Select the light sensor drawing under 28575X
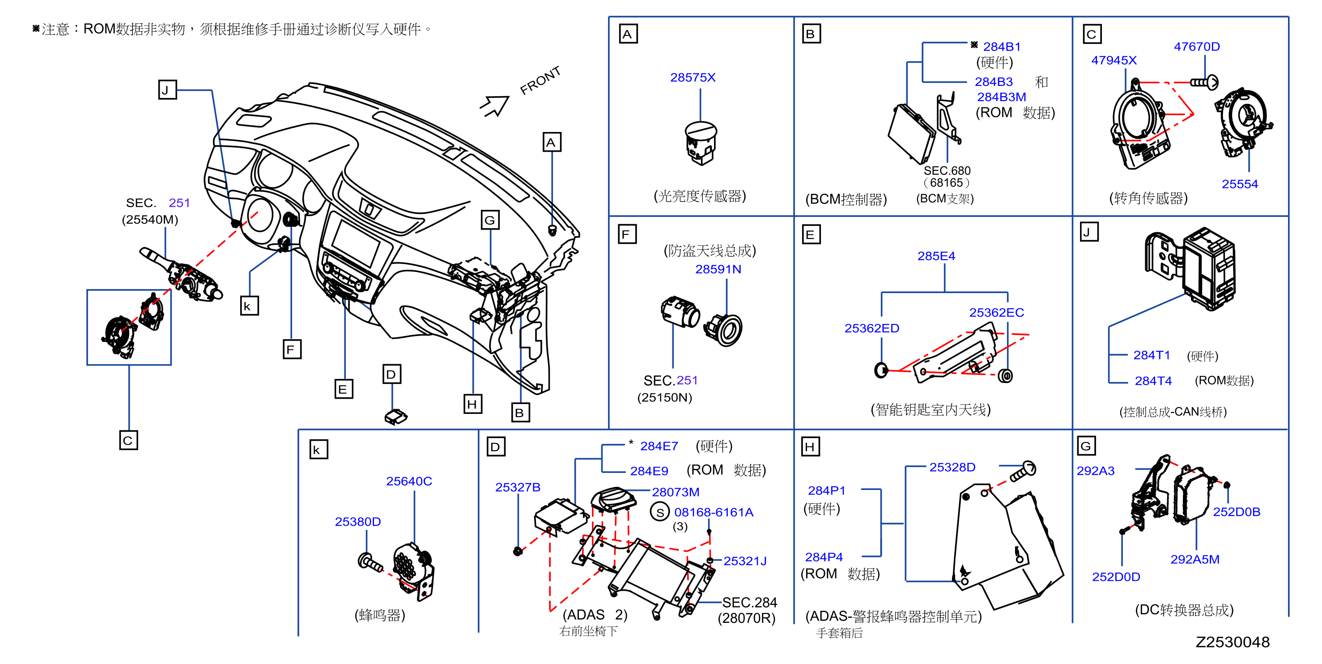click(701, 143)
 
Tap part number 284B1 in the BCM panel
click(1001, 47)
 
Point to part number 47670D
click(1196, 47)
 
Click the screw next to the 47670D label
click(1204, 82)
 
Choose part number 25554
click(1239, 184)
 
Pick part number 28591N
click(718, 269)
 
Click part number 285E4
click(936, 256)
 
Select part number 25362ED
click(872, 328)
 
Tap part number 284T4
click(1153, 381)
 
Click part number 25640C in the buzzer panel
click(409, 481)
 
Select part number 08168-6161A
click(714, 512)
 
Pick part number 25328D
click(952, 468)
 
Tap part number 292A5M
click(1195, 559)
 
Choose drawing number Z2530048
click(1232, 642)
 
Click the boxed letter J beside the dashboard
click(167, 90)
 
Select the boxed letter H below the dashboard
click(472, 404)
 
